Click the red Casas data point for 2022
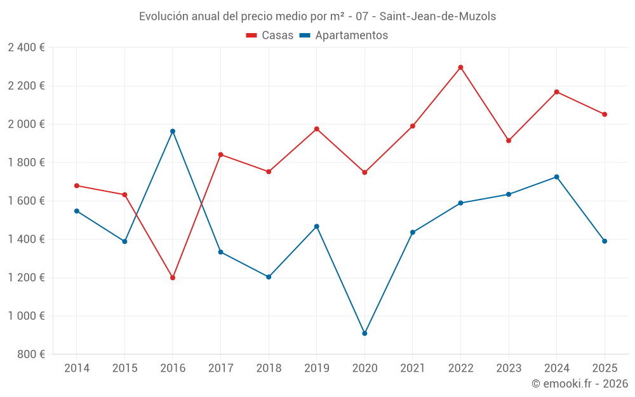pos(460,67)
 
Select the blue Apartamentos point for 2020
pos(364,333)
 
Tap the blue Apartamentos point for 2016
pos(173,131)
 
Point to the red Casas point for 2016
pos(173,278)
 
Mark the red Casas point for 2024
pos(556,92)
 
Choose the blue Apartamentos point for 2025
pos(605,241)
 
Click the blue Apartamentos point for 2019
pos(317,226)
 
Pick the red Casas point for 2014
pos(77,185)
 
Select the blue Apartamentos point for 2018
pos(269,277)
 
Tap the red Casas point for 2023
pos(509,140)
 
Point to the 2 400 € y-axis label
pos(26,48)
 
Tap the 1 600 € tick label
pos(26,201)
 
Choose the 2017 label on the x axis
pos(220,368)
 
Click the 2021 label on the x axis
pos(413,368)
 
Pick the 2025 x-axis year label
pos(605,368)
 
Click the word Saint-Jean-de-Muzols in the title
pos(438,17)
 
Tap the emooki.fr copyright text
pos(579,384)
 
